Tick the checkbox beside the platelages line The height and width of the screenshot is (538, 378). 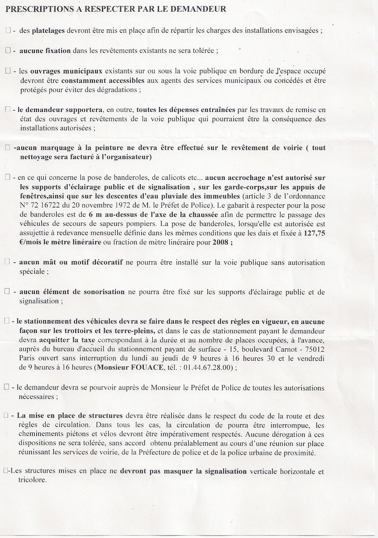tap(7, 31)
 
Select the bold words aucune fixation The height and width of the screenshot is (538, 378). tap(45, 51)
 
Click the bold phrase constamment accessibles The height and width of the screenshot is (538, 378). tap(103, 81)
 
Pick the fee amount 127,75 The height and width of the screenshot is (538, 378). tap(315, 233)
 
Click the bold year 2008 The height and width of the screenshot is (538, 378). tap(220, 242)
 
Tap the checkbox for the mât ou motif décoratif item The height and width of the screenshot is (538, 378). tap(7, 262)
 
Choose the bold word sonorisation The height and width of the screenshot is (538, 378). tap(104, 292)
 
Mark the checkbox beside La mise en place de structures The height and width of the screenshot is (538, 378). tap(6, 416)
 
